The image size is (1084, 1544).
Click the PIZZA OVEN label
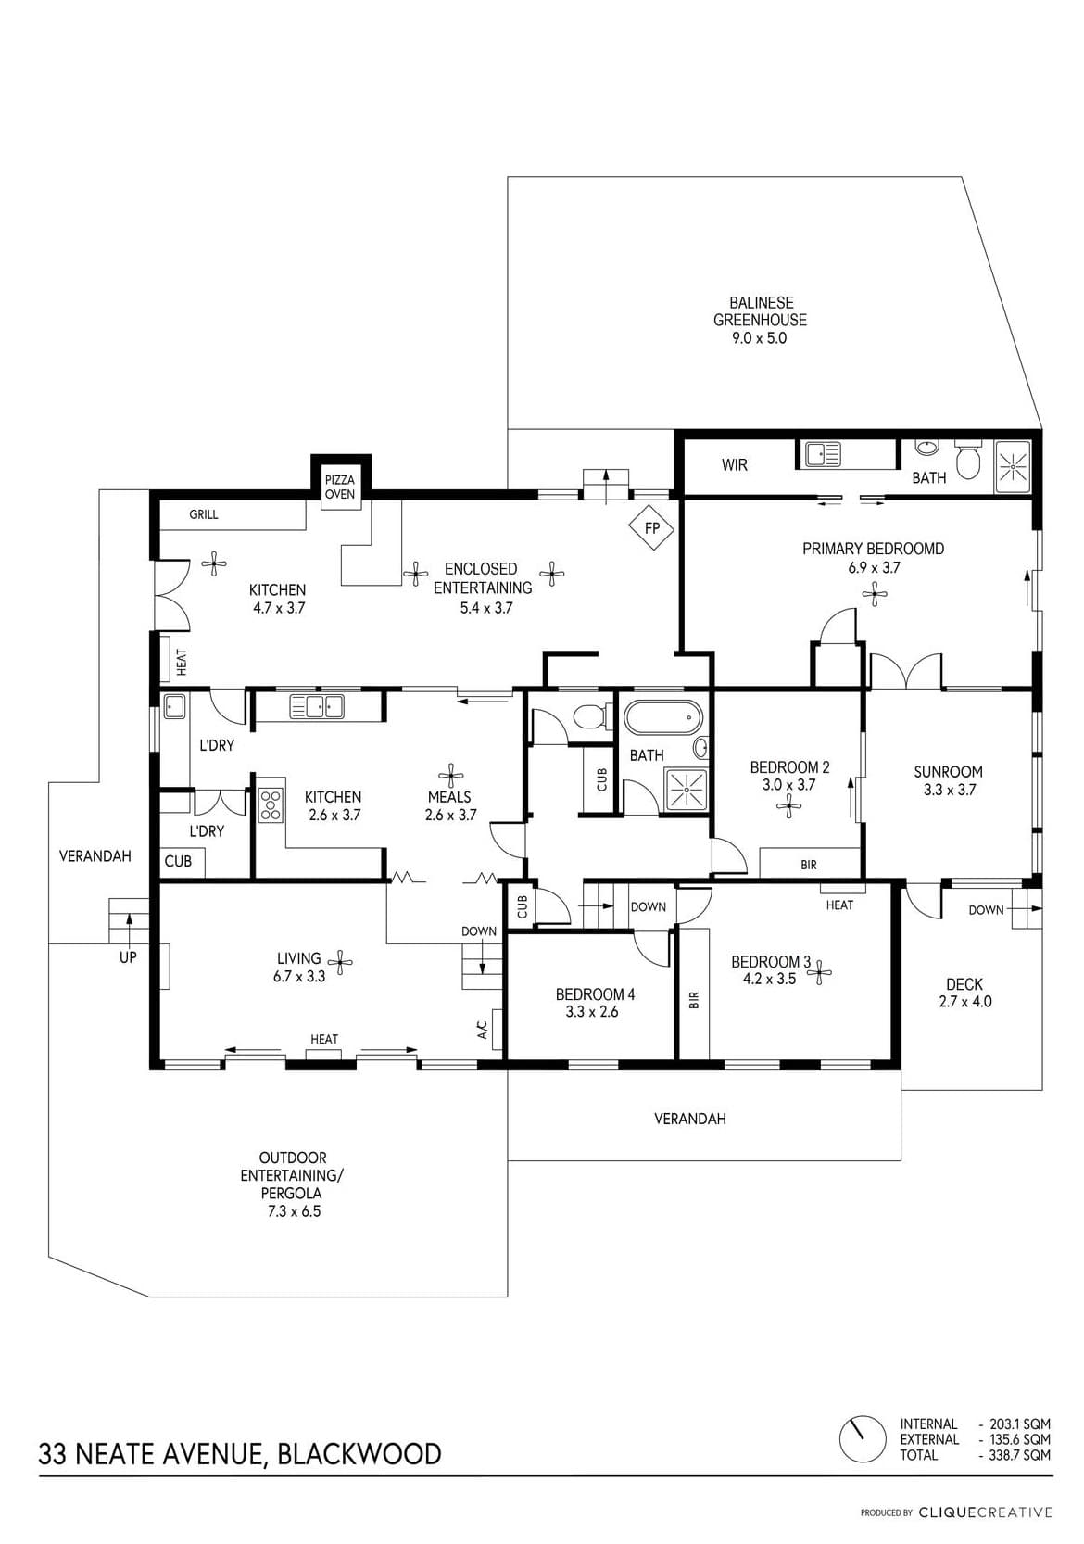click(339, 487)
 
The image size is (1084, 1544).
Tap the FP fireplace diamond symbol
click(650, 528)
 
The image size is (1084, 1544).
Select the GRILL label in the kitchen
click(203, 514)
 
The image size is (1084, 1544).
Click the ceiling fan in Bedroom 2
click(788, 805)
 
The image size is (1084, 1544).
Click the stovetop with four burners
click(271, 804)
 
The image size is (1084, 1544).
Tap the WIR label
click(734, 465)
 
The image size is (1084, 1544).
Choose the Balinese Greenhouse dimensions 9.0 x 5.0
click(759, 337)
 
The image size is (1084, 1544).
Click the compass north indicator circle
click(862, 1438)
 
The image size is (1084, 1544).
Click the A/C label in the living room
click(483, 1030)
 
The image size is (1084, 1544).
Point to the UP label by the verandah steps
click(128, 957)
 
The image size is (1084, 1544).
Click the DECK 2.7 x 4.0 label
click(964, 993)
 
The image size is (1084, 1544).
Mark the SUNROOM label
click(948, 772)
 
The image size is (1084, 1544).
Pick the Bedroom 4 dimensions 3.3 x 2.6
click(591, 1012)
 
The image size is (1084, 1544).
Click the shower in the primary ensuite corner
click(1013, 467)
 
